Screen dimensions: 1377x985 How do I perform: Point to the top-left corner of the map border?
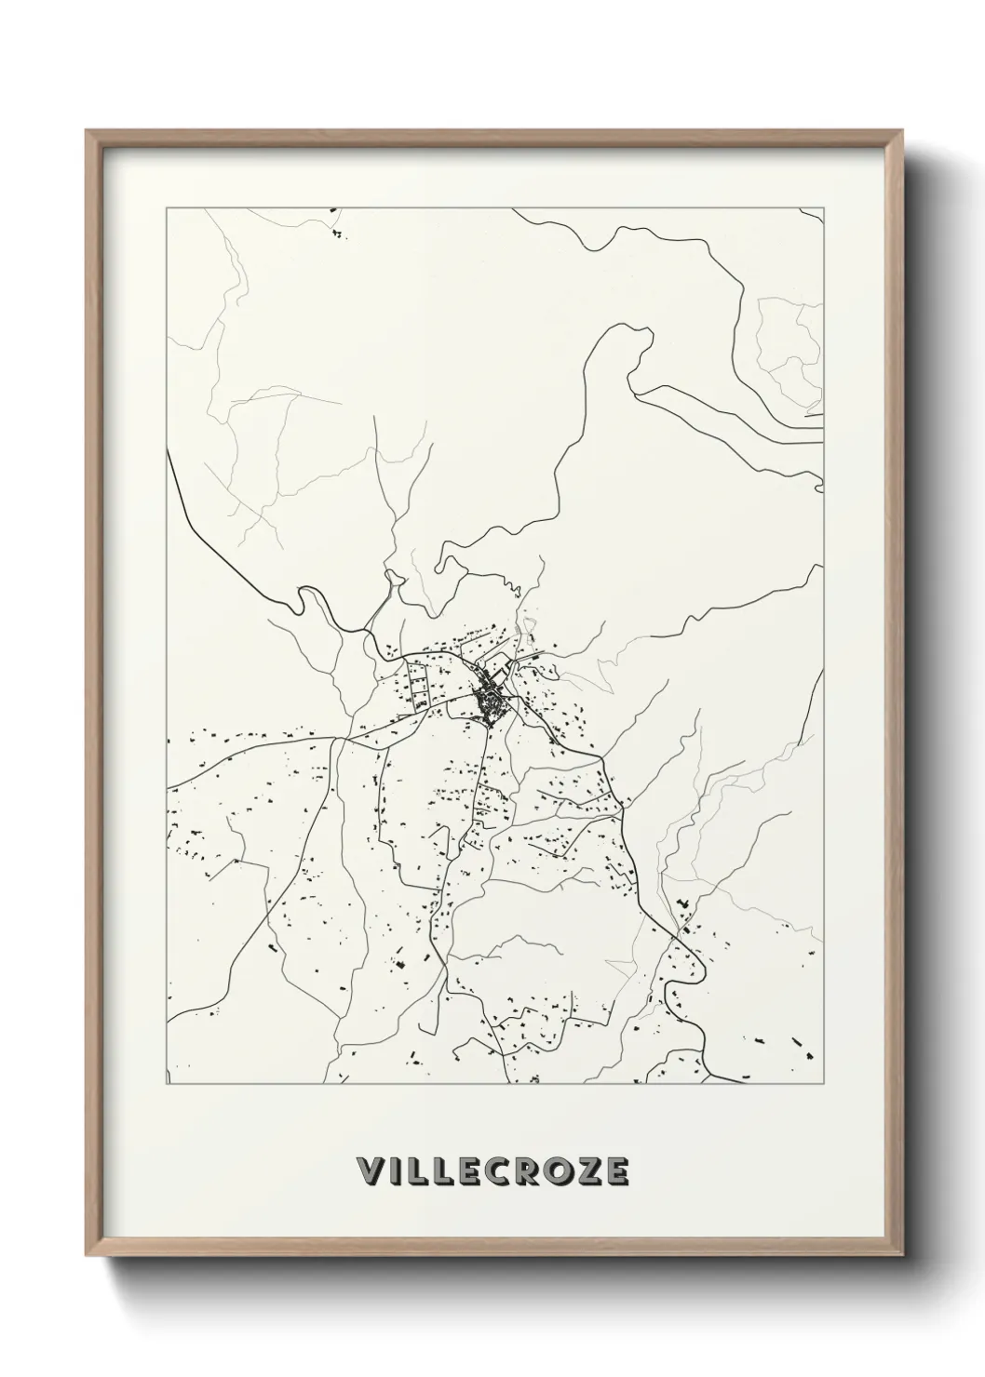(x=167, y=208)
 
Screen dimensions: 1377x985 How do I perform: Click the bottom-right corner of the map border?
(x=824, y=1085)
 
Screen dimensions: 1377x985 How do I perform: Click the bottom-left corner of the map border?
(x=167, y=1085)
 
